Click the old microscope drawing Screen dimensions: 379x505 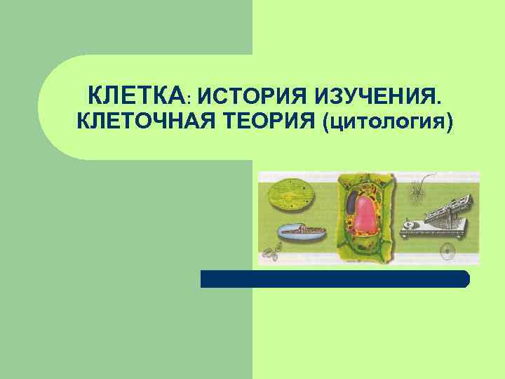pyautogui.click(x=443, y=217)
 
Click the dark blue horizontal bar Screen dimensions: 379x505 pyautogui.click(x=335, y=279)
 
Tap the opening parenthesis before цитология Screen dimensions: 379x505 pyautogui.click(x=325, y=123)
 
